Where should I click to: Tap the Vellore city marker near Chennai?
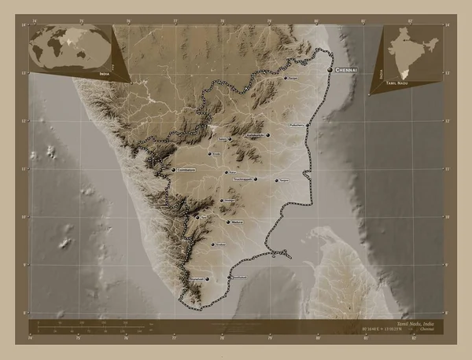point(284,79)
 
